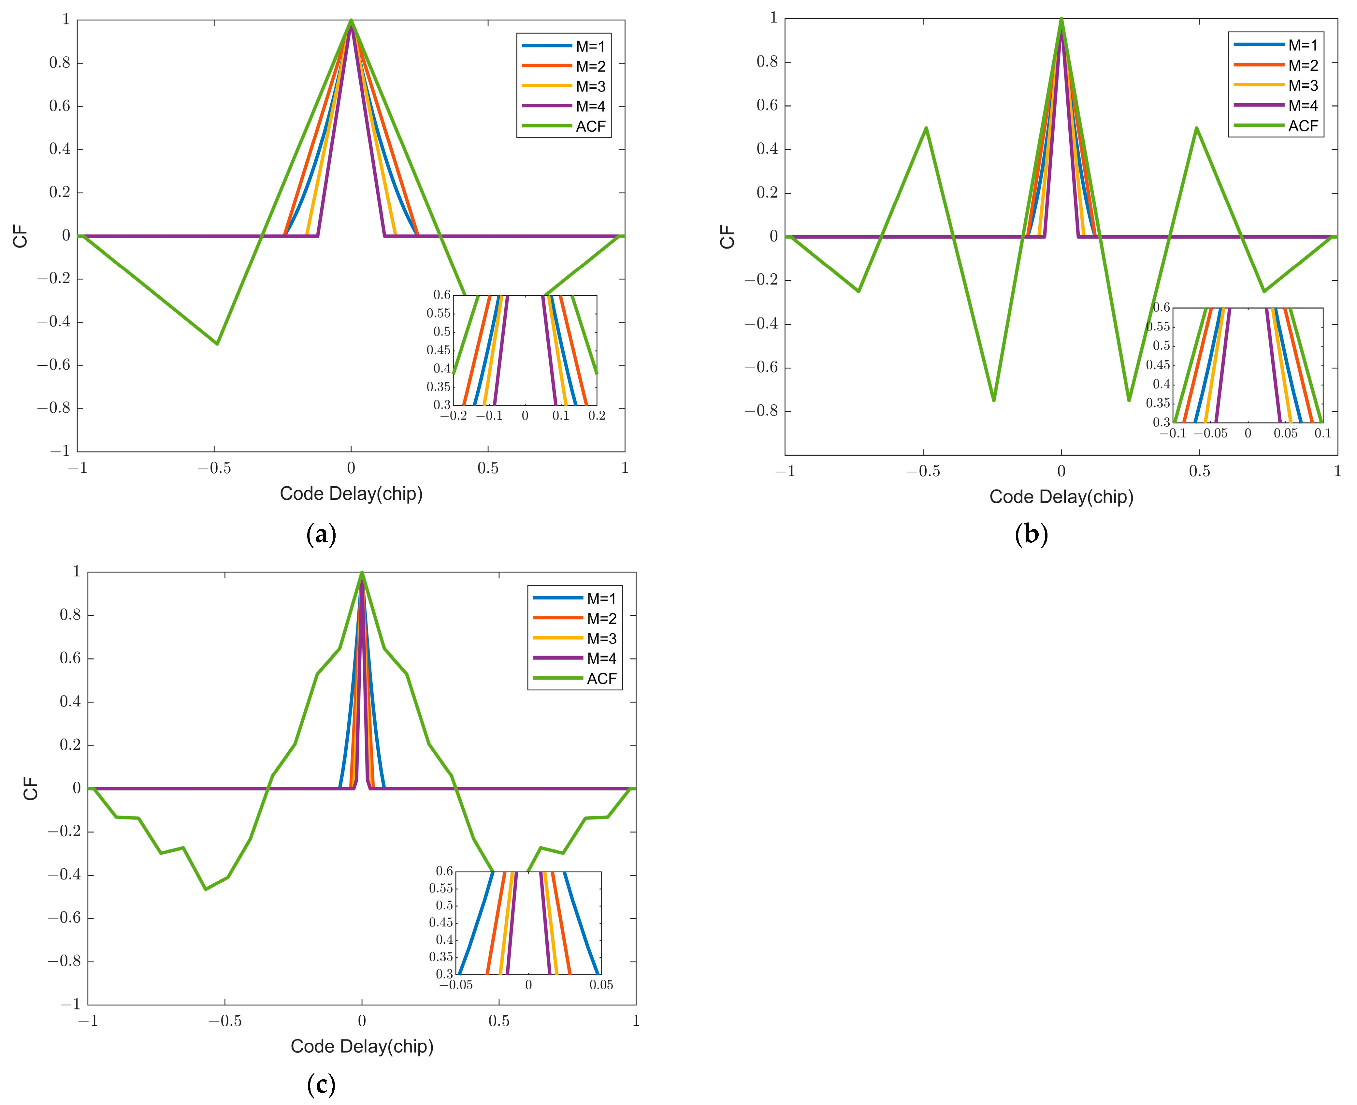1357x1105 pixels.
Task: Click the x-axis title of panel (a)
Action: click(x=351, y=494)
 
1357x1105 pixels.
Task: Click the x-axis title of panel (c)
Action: click(x=362, y=1046)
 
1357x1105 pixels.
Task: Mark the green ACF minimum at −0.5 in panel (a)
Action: click(x=218, y=344)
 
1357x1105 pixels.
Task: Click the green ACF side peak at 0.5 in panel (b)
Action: click(x=1197, y=128)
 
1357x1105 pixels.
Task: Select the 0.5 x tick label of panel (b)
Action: click(x=1199, y=472)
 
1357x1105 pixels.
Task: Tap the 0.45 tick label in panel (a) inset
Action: click(x=438, y=350)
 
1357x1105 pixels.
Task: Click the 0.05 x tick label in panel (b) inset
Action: click(x=1285, y=434)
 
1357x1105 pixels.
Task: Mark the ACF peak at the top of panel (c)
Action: click(x=362, y=572)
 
